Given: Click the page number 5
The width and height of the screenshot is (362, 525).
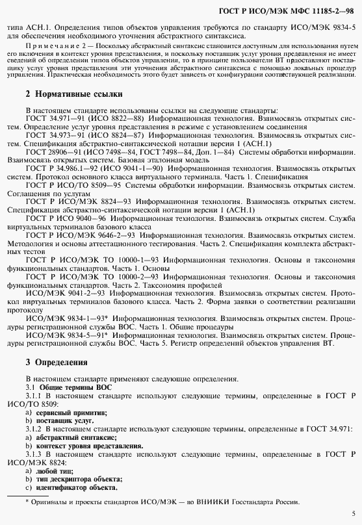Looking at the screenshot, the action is (352, 512).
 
